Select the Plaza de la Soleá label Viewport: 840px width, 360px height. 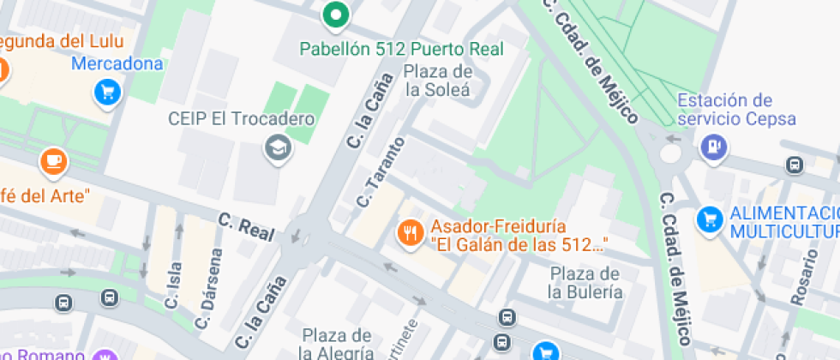(x=438, y=80)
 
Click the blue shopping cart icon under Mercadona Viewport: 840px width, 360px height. (x=107, y=92)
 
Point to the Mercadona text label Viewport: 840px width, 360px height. (x=117, y=64)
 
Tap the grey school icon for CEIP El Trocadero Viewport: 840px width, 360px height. (x=278, y=147)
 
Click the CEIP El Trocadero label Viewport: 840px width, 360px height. (x=253, y=119)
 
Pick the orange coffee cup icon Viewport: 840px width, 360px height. (x=53, y=160)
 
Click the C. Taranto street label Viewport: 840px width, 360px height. (x=380, y=172)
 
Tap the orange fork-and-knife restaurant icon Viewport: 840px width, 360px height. (x=411, y=232)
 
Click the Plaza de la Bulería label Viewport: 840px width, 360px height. (x=585, y=283)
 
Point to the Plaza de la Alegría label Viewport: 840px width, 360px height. (x=336, y=343)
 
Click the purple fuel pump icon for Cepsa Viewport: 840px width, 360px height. (x=713, y=147)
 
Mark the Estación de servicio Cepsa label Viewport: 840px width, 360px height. (x=736, y=110)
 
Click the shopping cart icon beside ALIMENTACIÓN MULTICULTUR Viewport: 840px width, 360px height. (x=709, y=219)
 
